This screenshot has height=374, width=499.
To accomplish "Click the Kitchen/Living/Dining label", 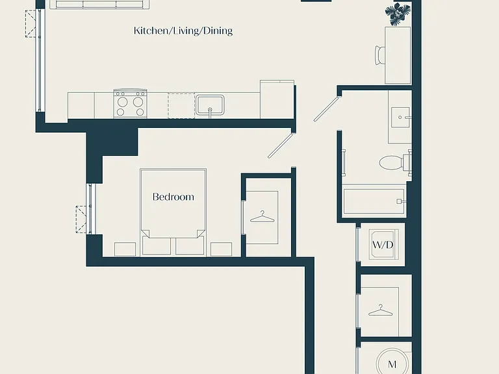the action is pyautogui.click(x=183, y=31).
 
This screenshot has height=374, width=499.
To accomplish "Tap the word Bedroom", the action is pyautogui.click(x=173, y=197).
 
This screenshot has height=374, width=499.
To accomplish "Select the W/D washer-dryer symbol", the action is pyautogui.click(x=383, y=244).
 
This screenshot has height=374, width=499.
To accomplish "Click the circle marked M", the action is pyautogui.click(x=392, y=362).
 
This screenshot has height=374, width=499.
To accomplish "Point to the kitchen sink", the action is pyautogui.click(x=210, y=105).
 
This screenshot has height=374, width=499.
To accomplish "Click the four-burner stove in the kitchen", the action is pyautogui.click(x=130, y=103).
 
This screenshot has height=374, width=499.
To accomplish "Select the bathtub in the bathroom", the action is pyautogui.click(x=374, y=201).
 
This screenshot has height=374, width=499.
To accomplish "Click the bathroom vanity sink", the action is pyautogui.click(x=400, y=118).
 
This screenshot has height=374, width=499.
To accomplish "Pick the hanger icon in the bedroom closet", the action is pyautogui.click(x=262, y=218).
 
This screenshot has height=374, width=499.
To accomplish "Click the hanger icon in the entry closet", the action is pyautogui.click(x=380, y=311).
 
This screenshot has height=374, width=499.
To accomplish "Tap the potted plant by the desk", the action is pyautogui.click(x=398, y=14).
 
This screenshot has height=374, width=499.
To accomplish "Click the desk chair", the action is pyautogui.click(x=380, y=55).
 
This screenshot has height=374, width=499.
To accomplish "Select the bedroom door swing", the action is pyautogui.click(x=280, y=145).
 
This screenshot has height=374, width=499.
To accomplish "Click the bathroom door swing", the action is pyautogui.click(x=326, y=109).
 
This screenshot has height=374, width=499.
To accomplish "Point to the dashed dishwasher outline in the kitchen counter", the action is pyautogui.click(x=181, y=106).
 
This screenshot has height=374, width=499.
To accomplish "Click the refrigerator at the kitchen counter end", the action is pyautogui.click(x=277, y=99).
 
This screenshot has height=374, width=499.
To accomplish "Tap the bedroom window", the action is pyautogui.click(x=90, y=209).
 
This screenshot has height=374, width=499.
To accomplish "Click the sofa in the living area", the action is pyautogui.click(x=99, y=4).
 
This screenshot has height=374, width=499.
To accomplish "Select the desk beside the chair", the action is pyautogui.click(x=398, y=55).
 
